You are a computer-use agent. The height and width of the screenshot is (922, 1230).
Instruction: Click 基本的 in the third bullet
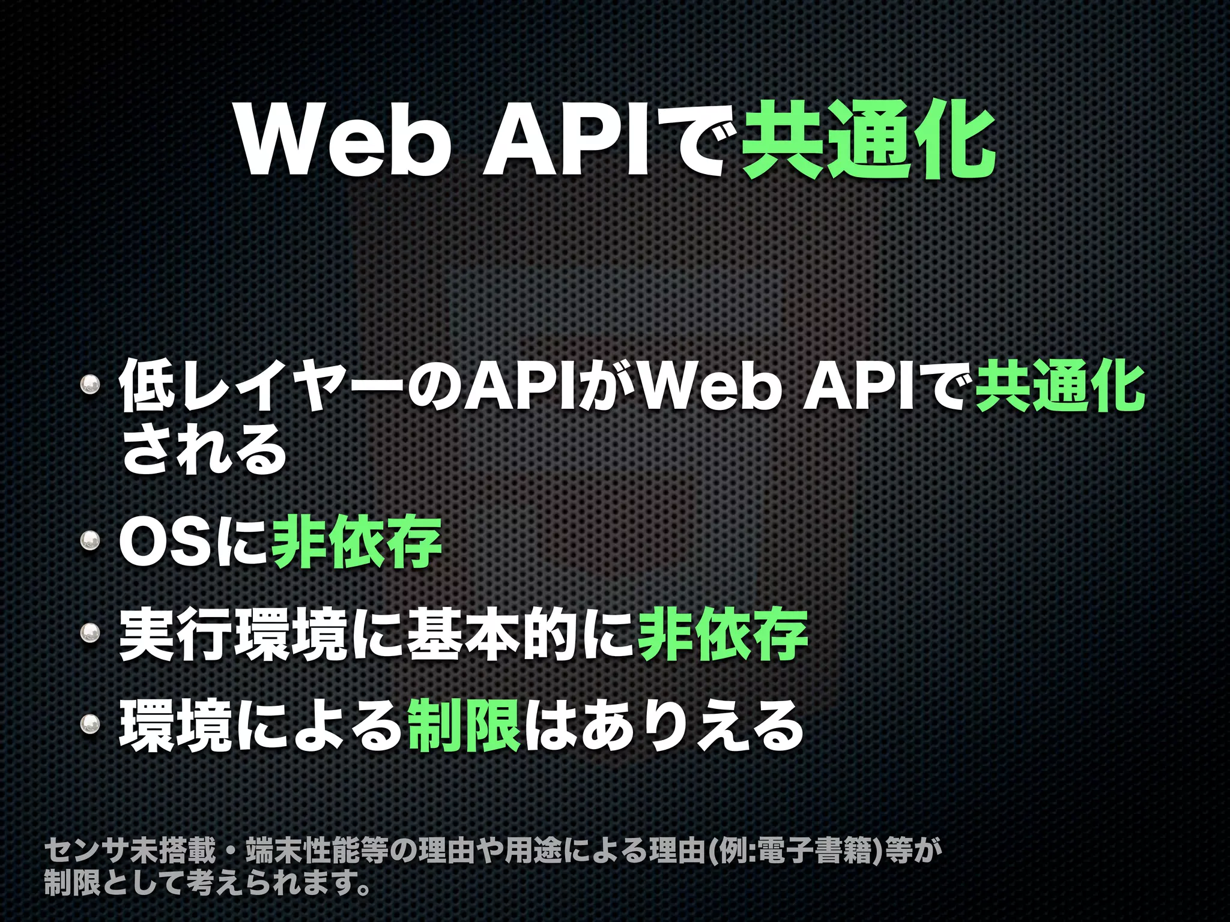pyautogui.click(x=492, y=634)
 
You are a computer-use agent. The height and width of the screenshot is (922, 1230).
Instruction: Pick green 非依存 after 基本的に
pyautogui.click(x=723, y=634)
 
